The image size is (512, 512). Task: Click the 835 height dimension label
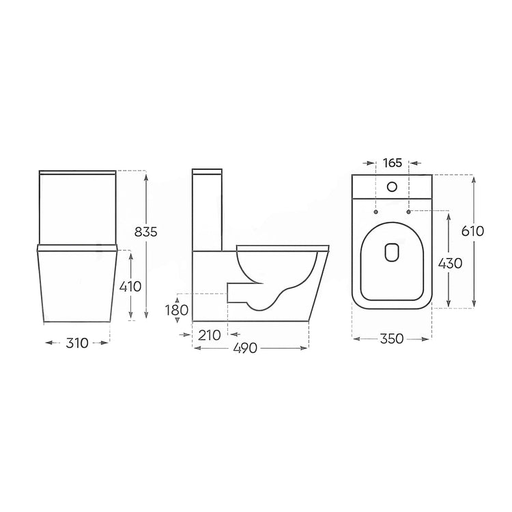[x=146, y=231]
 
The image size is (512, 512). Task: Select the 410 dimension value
[x=130, y=286]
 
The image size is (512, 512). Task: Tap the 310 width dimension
[x=77, y=343]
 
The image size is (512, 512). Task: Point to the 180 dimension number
[x=177, y=310]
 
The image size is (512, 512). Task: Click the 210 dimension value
[x=210, y=335]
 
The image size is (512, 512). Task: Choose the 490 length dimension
[x=246, y=348]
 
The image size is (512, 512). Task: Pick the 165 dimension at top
[x=392, y=162]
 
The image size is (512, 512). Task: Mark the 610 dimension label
[x=472, y=231]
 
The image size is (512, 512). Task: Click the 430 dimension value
[x=450, y=263]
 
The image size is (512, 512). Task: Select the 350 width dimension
[x=392, y=339]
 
